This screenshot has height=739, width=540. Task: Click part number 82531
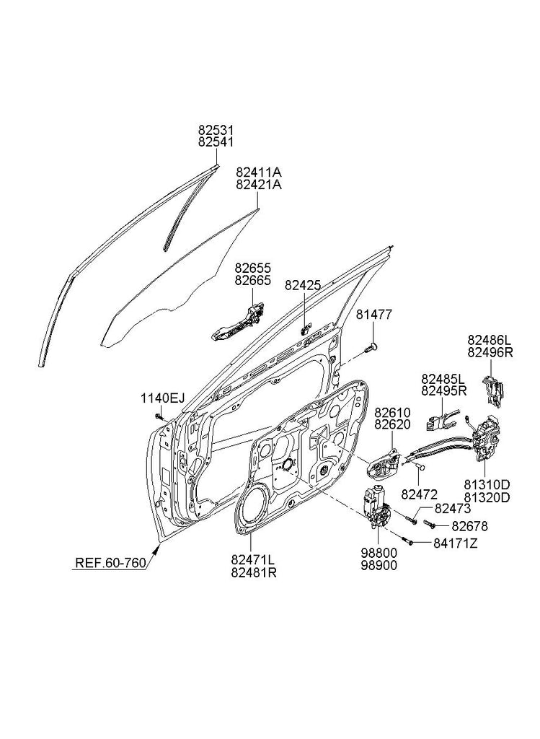pos(216,130)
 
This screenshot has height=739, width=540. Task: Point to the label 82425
pos(303,286)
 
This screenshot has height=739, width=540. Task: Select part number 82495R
pos(443,391)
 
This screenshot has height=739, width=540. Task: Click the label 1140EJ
pos(162,398)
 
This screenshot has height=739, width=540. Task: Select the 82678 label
pos(469,526)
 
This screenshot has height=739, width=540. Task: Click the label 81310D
pos(487,485)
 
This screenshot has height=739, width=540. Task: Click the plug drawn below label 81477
pos(371,348)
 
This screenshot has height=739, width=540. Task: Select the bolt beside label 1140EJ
pos(158,416)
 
